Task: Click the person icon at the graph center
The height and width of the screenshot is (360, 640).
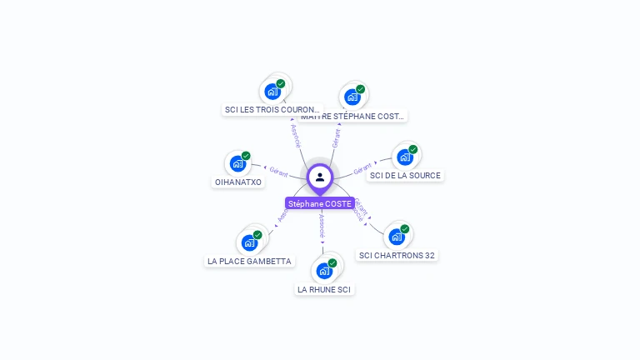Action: pos(320,177)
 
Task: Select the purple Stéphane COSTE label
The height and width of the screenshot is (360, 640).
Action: pos(320,203)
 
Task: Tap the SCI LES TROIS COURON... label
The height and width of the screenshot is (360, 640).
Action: pos(272,109)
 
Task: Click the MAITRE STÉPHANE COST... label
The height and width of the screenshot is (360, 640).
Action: pos(353,116)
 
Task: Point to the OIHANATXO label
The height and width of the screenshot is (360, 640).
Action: pos(238,182)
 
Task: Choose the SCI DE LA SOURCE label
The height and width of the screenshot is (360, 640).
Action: pos(405,175)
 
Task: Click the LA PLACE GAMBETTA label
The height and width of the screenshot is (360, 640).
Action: pos(250,261)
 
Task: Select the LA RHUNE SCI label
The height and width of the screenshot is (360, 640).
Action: pos(324,289)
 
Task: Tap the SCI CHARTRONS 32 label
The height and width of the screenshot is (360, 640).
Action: pos(397,255)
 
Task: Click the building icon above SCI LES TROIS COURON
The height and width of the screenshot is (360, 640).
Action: pos(272,91)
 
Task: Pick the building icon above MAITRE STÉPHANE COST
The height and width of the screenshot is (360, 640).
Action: pos(352,97)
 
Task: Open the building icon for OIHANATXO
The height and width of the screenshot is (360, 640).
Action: pos(237,163)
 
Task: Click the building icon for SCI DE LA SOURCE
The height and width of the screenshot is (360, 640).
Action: pos(404,157)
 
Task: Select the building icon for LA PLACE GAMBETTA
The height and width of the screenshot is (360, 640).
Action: pos(249,242)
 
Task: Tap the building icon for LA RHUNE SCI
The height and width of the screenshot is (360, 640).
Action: pos(324,271)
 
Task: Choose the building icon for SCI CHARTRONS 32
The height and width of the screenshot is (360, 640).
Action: pos(397,237)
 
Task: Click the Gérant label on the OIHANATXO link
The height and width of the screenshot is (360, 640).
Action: pos(278,173)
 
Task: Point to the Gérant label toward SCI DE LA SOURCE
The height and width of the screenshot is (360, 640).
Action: pos(362,169)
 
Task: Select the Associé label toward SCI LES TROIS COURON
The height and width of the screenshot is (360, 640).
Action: pos(295,136)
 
